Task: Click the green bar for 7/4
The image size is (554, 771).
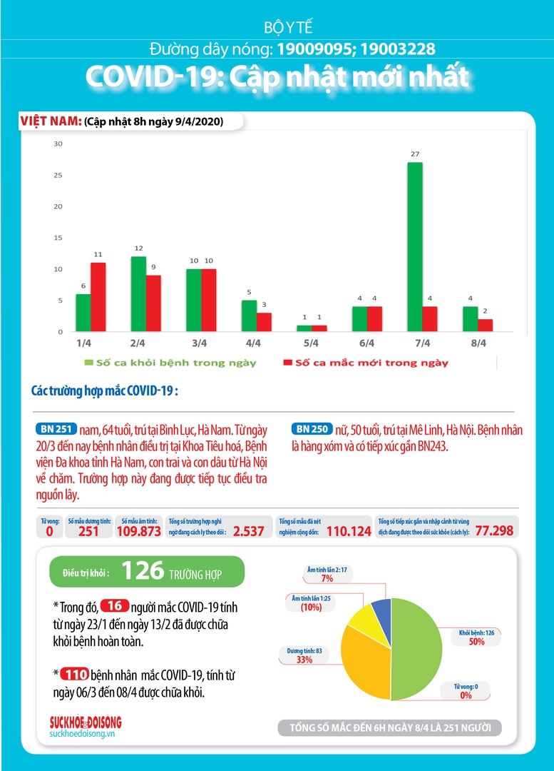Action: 415,247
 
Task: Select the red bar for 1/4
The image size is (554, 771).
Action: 98,297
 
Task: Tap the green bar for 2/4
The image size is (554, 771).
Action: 138,294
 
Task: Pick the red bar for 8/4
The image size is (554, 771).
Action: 486,326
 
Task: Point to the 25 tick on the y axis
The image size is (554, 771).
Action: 58,175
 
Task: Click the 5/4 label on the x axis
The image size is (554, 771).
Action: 311,343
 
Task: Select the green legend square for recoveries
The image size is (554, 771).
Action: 89,363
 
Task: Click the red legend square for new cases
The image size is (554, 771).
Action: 288,363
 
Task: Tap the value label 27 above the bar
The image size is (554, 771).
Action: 415,154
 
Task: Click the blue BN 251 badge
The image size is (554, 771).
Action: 56,429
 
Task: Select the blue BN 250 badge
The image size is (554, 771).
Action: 312,429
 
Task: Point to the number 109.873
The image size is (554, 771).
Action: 138,531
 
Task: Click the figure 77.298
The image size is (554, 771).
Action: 494,530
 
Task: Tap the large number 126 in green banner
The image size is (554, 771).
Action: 143,571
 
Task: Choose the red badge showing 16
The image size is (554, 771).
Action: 114,606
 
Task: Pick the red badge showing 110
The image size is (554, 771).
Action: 75,674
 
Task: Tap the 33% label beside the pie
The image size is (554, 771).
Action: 304,660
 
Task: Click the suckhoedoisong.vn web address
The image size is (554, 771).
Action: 82,734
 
